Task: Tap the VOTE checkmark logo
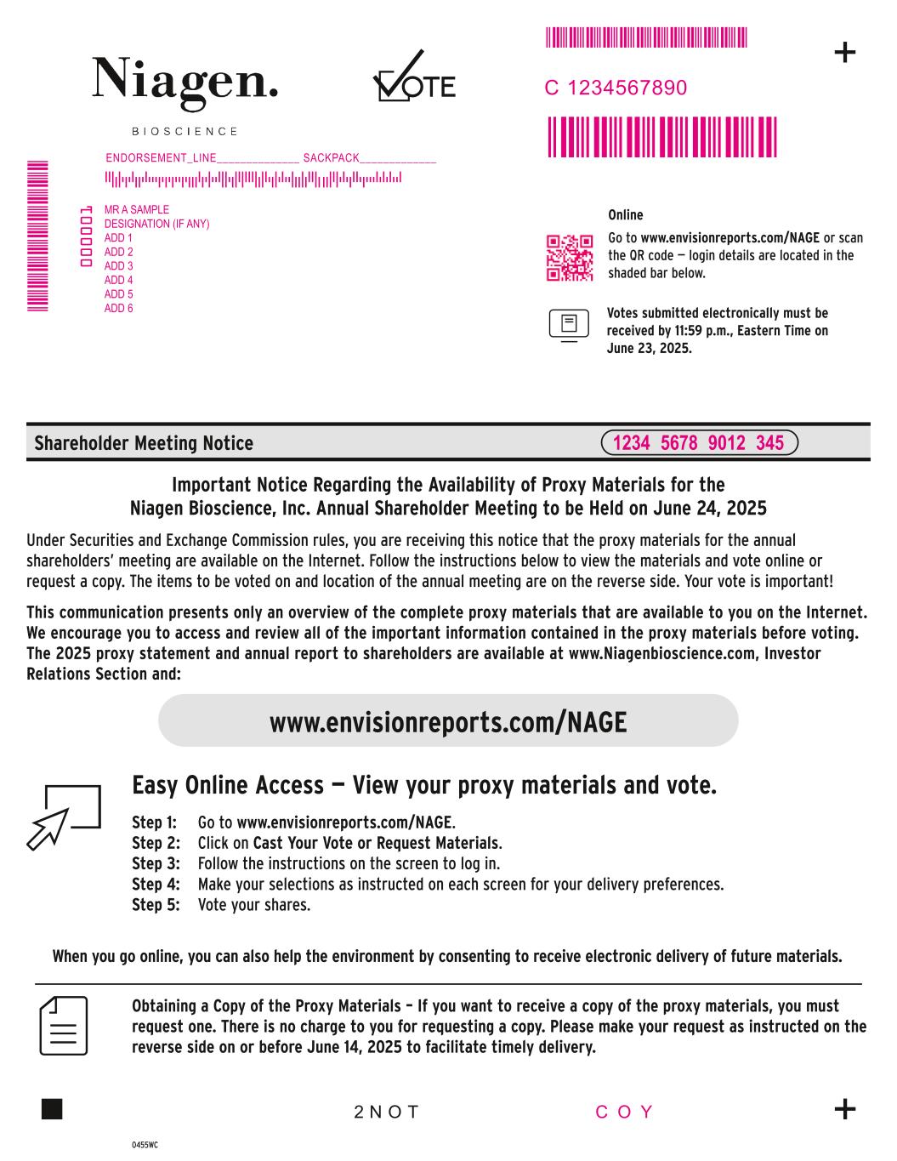click(x=413, y=78)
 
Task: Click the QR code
click(x=569, y=258)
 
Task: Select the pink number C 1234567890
click(x=616, y=88)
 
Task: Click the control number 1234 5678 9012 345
click(x=698, y=443)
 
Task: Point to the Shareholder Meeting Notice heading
click(x=144, y=443)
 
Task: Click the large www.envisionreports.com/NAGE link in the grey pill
click(x=448, y=722)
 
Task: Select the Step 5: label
click(x=156, y=905)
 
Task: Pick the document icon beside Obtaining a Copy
click(x=64, y=1024)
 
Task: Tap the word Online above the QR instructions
click(x=626, y=215)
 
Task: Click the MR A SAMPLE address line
click(x=137, y=209)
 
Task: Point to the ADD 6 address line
click(x=119, y=308)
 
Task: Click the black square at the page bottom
click(x=52, y=1109)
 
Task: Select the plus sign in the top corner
click(x=844, y=53)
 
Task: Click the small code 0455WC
click(x=145, y=1145)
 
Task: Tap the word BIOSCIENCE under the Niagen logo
click(x=185, y=132)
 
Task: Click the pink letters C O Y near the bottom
click(x=625, y=1112)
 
